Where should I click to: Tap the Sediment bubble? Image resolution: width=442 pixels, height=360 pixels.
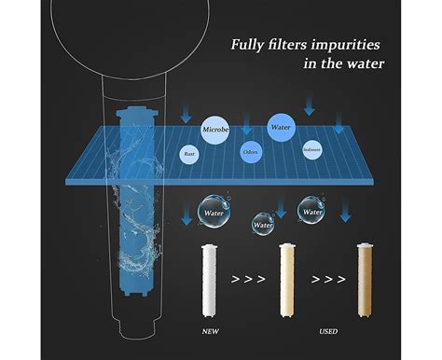tap(313, 148)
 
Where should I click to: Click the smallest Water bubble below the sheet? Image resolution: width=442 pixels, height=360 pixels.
tap(265, 224)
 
